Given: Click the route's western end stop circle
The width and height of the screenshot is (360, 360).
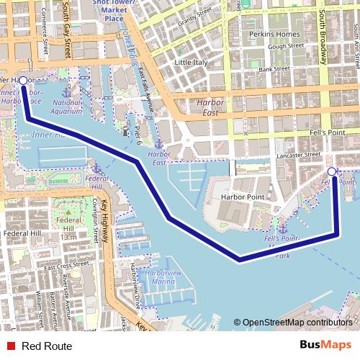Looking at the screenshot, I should coord(23,81).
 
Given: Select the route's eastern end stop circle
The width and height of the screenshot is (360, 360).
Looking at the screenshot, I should coord(332,172).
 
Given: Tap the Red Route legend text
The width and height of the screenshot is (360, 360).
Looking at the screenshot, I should coord(47,346).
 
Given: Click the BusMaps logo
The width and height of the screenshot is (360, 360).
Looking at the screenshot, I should coord(326,345).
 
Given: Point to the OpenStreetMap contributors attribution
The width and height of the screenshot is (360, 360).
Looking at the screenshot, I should coord(297,323).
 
